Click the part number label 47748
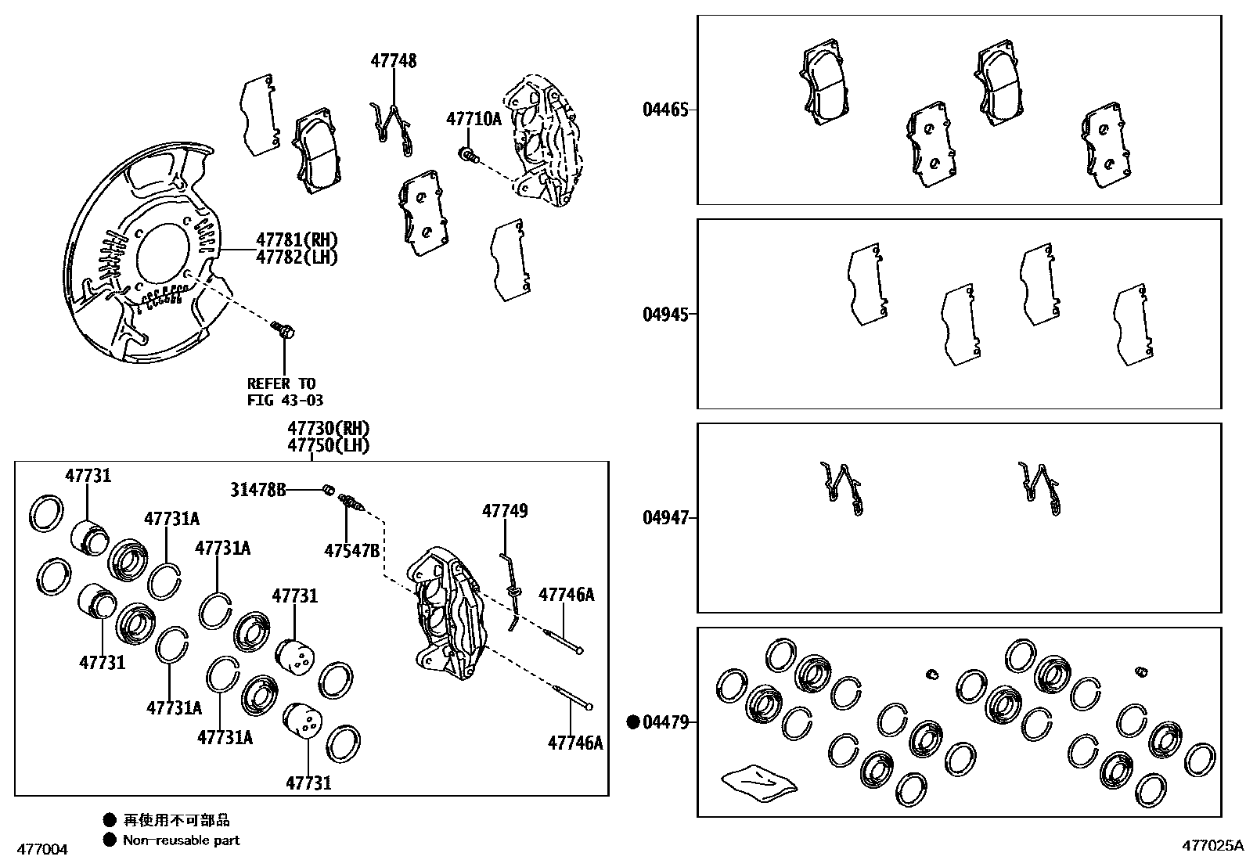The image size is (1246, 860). pos(393,61)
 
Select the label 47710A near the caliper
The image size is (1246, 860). pos(474,119)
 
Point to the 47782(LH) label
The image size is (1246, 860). pos(297,257)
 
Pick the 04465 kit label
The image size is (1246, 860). pos(665,110)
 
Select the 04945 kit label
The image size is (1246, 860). pos(665,315)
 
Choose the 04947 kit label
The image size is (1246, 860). pos(665,518)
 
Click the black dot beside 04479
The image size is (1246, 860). pos(633,722)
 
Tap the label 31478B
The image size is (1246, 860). pos(257,490)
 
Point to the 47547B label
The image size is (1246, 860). pos(351,551)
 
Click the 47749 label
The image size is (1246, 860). pos(504,511)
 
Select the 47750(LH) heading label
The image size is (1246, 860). pos(328,446)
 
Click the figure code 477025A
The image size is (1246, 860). pos(1212,845)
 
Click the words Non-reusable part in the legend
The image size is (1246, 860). pos(181,840)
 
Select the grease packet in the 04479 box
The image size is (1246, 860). pos(758,781)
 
